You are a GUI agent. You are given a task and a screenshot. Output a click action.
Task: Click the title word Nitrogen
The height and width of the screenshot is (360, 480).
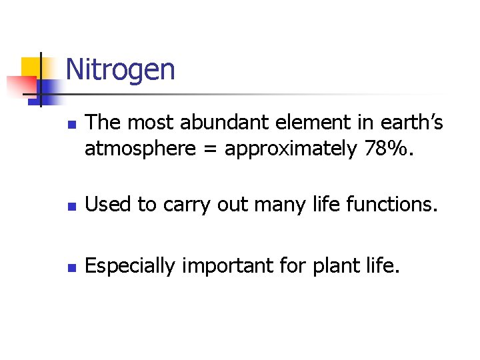click(121, 69)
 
